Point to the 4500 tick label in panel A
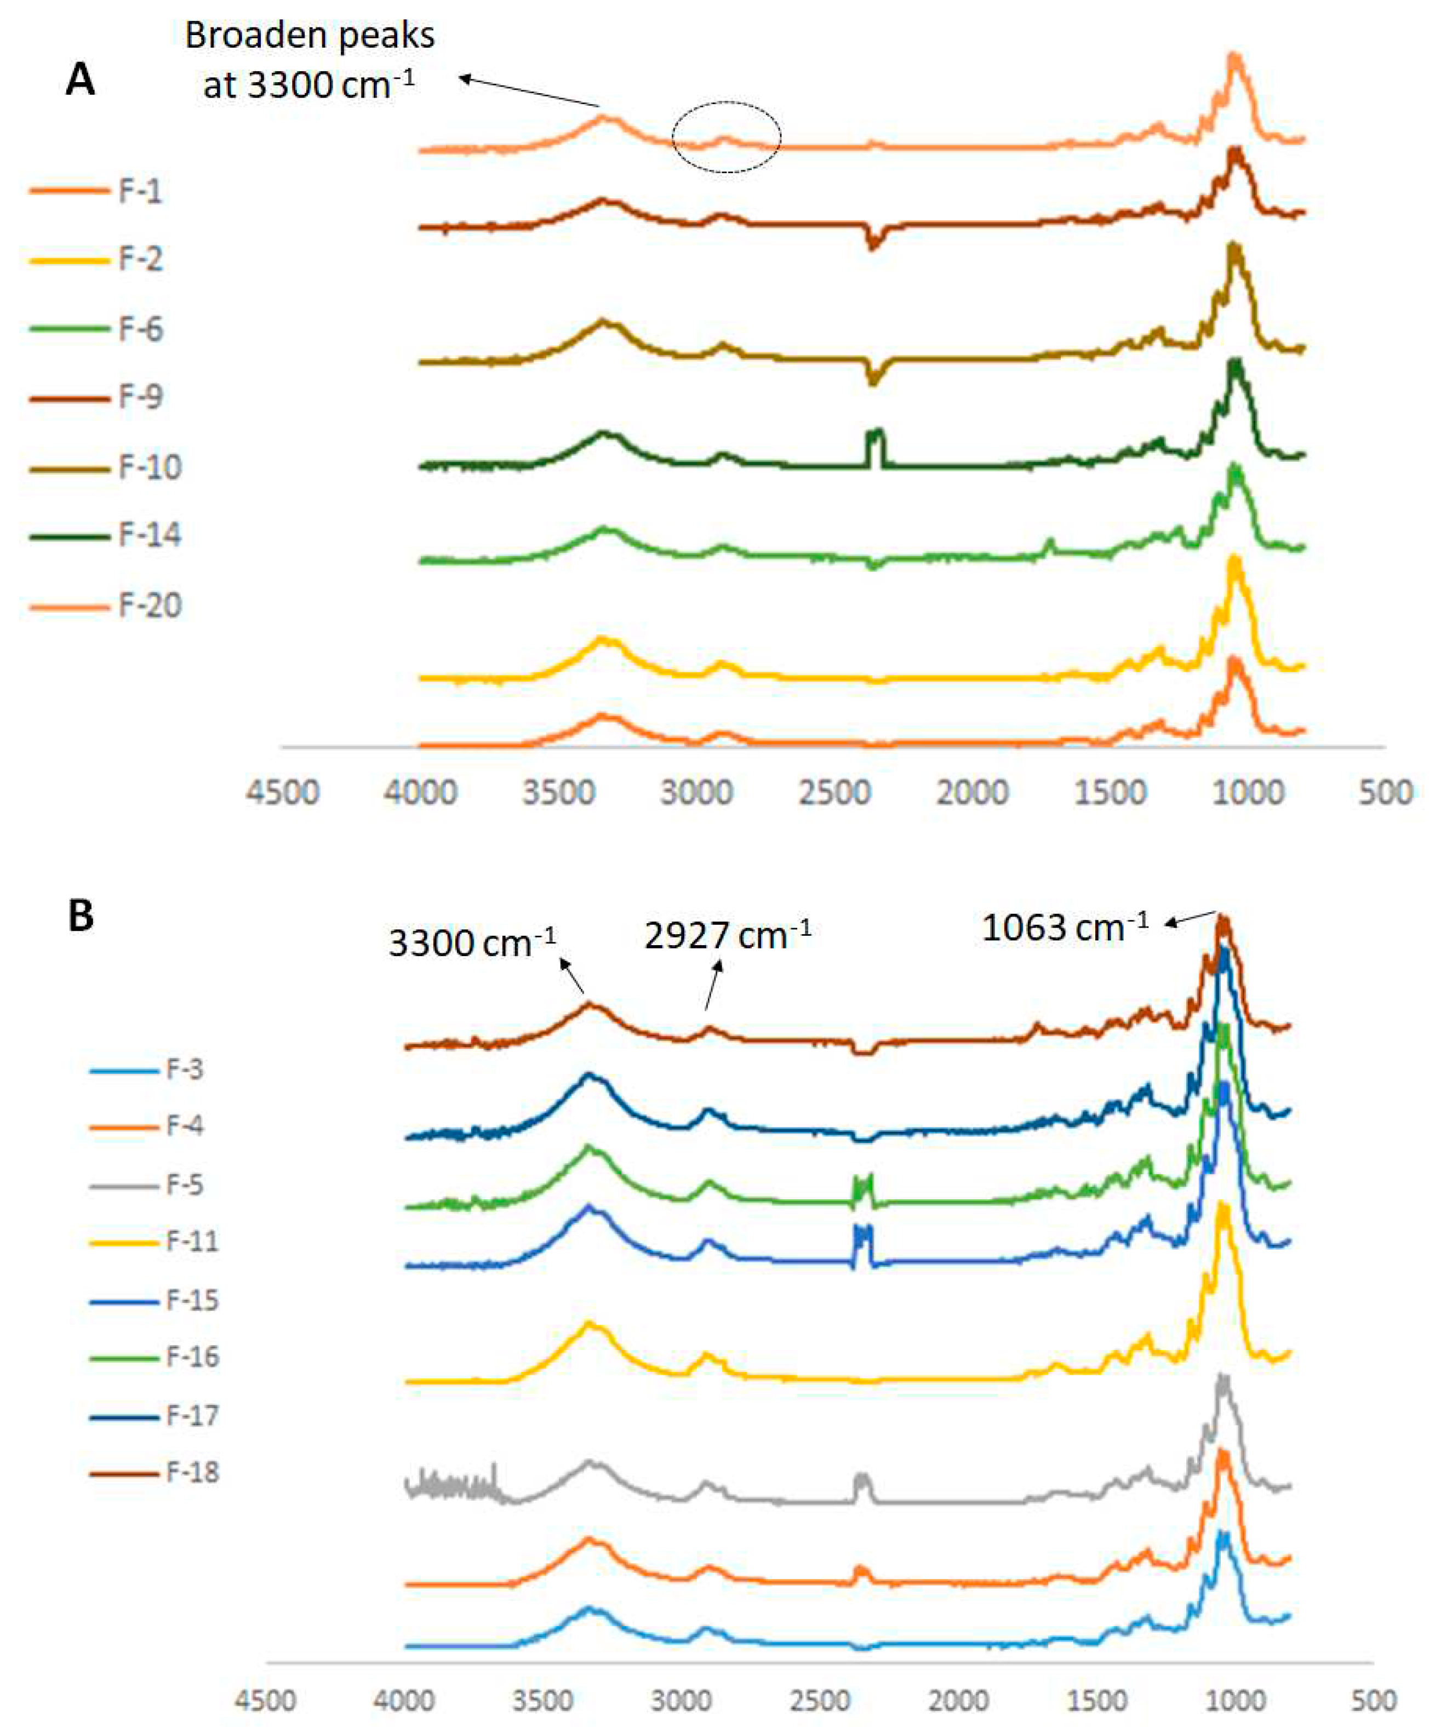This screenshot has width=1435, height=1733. (x=282, y=793)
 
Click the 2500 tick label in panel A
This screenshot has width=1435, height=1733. (x=834, y=793)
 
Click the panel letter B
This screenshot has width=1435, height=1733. (x=80, y=917)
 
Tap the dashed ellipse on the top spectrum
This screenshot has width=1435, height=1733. (x=726, y=137)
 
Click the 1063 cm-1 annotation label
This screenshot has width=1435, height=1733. (x=1065, y=928)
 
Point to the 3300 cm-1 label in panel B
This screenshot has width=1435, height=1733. (x=472, y=942)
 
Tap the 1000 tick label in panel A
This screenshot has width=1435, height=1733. (x=1248, y=793)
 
